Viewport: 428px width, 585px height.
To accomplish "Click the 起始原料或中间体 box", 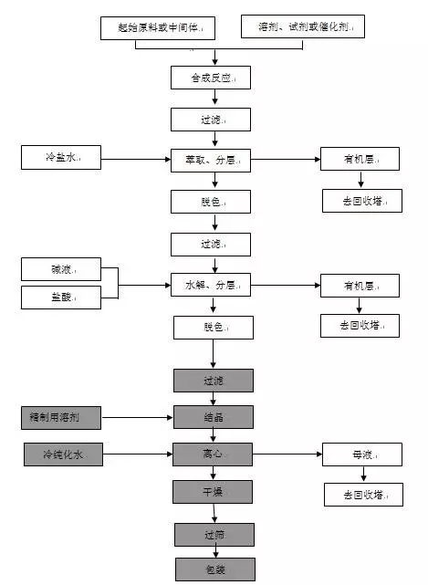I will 161,28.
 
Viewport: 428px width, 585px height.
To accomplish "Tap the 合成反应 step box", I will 211,78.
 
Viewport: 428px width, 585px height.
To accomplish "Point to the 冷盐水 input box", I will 61,158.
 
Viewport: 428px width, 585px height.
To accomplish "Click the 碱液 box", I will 61,269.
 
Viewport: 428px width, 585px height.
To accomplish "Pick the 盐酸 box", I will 61,297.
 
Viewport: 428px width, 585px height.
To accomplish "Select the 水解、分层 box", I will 211,286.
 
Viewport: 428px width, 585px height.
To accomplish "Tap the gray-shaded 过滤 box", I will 213,380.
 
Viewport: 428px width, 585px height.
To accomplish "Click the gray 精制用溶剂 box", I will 61,419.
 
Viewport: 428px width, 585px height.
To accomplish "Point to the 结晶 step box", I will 213,418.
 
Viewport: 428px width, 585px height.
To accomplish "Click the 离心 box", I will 213,454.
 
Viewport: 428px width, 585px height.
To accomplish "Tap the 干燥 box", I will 213,492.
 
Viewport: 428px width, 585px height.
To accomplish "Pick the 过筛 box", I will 213,532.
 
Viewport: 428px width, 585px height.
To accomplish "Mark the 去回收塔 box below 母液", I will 362,495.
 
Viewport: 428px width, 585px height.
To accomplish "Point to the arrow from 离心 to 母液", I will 287,454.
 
